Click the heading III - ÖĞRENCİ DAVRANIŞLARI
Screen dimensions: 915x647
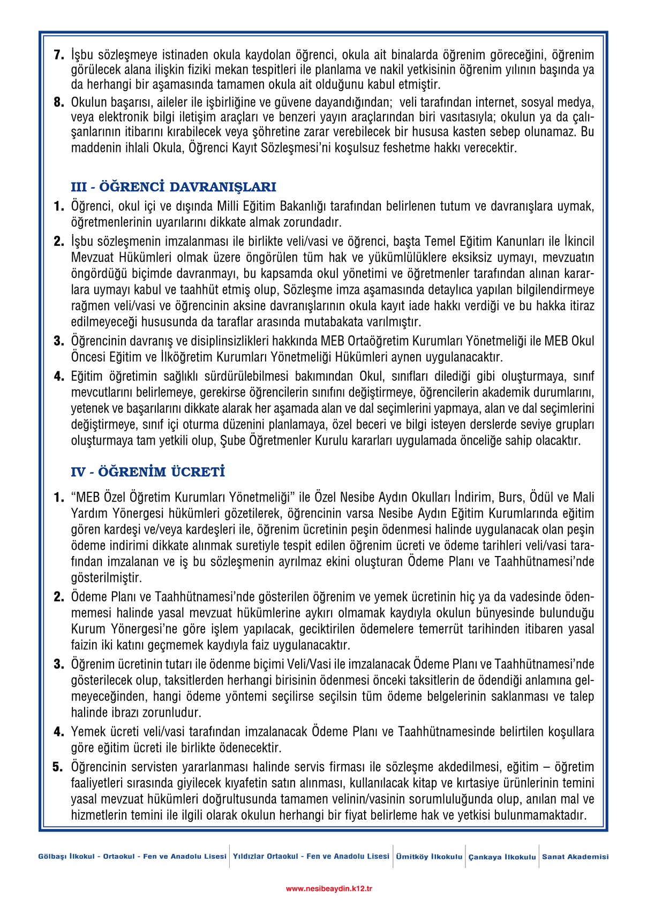click(x=174, y=187)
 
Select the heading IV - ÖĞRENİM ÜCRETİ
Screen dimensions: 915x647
click(x=148, y=472)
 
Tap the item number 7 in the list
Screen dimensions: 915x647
click(x=59, y=55)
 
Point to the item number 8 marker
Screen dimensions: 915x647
click(x=59, y=102)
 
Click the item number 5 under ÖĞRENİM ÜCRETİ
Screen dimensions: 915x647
click(x=58, y=767)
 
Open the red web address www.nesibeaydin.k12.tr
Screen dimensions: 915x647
click(x=329, y=888)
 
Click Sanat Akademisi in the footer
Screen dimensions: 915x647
click(x=575, y=857)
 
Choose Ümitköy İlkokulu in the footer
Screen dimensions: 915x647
click(x=429, y=857)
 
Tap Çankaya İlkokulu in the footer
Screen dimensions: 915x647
click(x=502, y=857)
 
